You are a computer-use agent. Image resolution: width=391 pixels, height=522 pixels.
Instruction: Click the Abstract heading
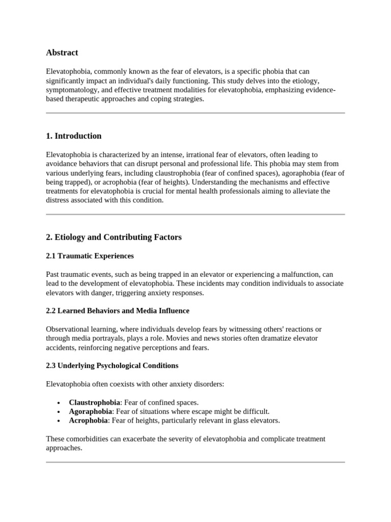coord(62,53)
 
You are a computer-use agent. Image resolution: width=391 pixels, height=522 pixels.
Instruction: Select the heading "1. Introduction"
coord(74,136)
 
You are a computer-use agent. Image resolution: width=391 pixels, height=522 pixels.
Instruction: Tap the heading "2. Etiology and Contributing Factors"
coord(114,237)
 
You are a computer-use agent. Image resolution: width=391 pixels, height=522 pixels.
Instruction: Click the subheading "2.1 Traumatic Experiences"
coord(90,255)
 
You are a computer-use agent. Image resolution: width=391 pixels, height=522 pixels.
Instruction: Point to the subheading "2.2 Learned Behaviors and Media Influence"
coord(117,310)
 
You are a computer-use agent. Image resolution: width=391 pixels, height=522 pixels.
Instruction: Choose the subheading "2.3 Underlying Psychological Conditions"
coord(112,366)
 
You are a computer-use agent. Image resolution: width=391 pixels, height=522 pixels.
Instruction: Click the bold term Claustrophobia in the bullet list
coord(95,402)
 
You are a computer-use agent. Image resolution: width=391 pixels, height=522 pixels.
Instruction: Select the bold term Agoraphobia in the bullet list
coord(90,411)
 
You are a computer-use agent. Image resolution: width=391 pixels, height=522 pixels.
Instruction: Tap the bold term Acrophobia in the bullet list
coord(89,421)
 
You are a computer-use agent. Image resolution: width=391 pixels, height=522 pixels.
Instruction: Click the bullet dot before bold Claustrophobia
coord(60,403)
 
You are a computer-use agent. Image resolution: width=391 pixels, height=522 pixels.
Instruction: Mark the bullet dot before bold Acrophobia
coord(60,421)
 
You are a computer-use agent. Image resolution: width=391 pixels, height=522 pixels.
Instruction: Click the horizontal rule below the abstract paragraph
coord(195,113)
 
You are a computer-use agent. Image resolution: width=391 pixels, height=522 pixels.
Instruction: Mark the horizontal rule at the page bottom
coord(195,462)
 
